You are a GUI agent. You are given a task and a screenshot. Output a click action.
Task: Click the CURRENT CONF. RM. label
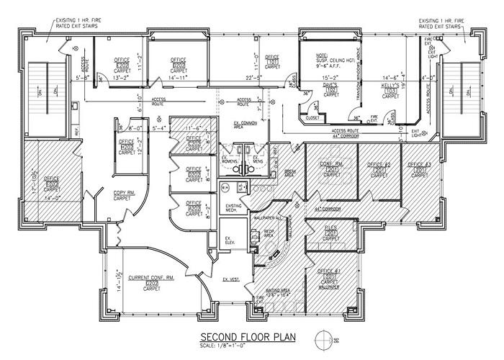point(152,277)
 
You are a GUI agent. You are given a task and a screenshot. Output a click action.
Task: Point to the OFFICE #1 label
point(328,271)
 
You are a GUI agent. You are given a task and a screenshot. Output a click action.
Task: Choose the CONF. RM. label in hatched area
point(330,164)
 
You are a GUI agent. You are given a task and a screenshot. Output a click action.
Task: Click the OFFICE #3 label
point(420,165)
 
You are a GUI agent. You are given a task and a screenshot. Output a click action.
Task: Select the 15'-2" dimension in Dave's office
point(330,76)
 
